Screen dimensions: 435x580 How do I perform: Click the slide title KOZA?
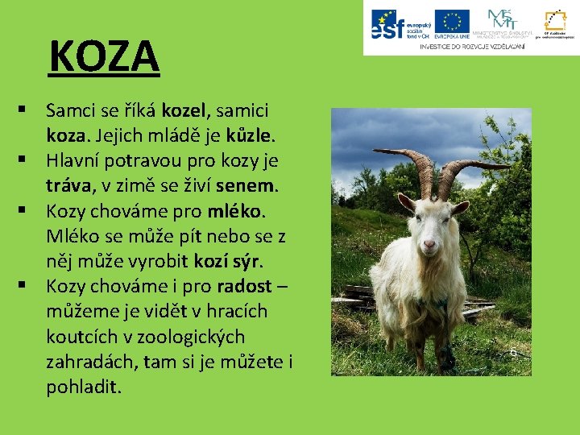pos(105,56)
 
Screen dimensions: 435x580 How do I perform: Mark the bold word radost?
pos(246,287)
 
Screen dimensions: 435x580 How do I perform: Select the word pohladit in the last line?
pos(84,387)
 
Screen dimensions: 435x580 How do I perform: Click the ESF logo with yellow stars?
pos(397,25)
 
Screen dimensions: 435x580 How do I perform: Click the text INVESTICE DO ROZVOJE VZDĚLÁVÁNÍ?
pos(472,47)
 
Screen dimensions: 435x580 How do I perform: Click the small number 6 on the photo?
pos(513,352)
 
